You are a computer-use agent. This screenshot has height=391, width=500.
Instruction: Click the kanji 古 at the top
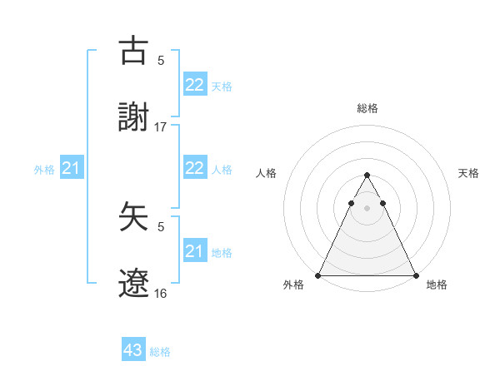tap(134, 51)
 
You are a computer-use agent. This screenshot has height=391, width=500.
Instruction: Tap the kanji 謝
tap(134, 118)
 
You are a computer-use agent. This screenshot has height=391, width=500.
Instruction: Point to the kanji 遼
tap(134, 285)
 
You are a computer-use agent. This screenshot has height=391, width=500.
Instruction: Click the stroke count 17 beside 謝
tap(161, 127)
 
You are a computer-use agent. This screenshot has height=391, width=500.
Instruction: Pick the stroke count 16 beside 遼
tap(161, 294)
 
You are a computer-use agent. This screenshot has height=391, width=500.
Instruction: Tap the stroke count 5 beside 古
tap(161, 60)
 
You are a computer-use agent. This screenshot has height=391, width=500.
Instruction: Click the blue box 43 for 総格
tap(133, 351)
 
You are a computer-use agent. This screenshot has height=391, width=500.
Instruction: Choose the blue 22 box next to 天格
tap(195, 85)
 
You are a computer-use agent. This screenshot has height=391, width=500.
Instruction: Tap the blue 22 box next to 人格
tap(195, 169)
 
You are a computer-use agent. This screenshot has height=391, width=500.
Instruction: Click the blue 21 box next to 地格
tap(195, 251)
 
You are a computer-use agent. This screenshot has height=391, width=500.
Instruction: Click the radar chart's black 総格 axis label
tap(367, 108)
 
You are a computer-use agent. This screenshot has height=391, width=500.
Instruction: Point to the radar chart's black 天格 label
tap(469, 173)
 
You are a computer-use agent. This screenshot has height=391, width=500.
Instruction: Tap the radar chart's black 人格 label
tap(267, 173)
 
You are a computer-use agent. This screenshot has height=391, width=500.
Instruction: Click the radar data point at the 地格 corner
tap(416, 275)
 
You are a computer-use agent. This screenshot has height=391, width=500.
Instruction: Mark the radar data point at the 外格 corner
tap(318, 275)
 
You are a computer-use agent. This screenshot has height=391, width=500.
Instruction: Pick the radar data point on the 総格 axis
tap(367, 176)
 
